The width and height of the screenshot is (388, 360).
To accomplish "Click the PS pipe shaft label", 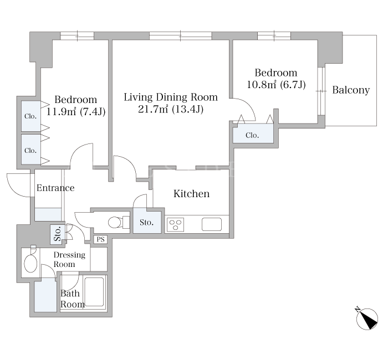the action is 100,239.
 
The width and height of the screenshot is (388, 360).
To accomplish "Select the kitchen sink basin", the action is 212,224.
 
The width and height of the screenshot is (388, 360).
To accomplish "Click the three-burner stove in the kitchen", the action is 176,224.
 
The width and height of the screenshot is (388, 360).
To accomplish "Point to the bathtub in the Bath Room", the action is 94,292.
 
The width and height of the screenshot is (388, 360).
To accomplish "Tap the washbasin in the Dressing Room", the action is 30,262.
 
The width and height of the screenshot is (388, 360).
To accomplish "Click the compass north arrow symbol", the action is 367,318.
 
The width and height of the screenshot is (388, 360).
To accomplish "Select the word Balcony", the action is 351,90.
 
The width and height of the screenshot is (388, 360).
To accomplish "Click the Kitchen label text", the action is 192,194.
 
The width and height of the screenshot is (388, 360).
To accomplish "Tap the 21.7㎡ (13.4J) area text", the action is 171,109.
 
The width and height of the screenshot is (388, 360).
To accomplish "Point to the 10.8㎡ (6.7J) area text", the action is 276,85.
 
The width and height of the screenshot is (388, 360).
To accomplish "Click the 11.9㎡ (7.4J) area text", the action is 76,112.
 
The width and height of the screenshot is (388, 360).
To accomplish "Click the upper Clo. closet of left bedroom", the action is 30,116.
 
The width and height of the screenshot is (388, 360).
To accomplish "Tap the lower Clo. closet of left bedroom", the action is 30,150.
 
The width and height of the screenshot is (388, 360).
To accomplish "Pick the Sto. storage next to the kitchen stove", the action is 147,222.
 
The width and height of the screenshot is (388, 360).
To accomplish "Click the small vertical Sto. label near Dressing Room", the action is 58,234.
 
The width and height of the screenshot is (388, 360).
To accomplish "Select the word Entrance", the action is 55,188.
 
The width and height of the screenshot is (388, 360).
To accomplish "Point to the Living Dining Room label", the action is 171,97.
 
